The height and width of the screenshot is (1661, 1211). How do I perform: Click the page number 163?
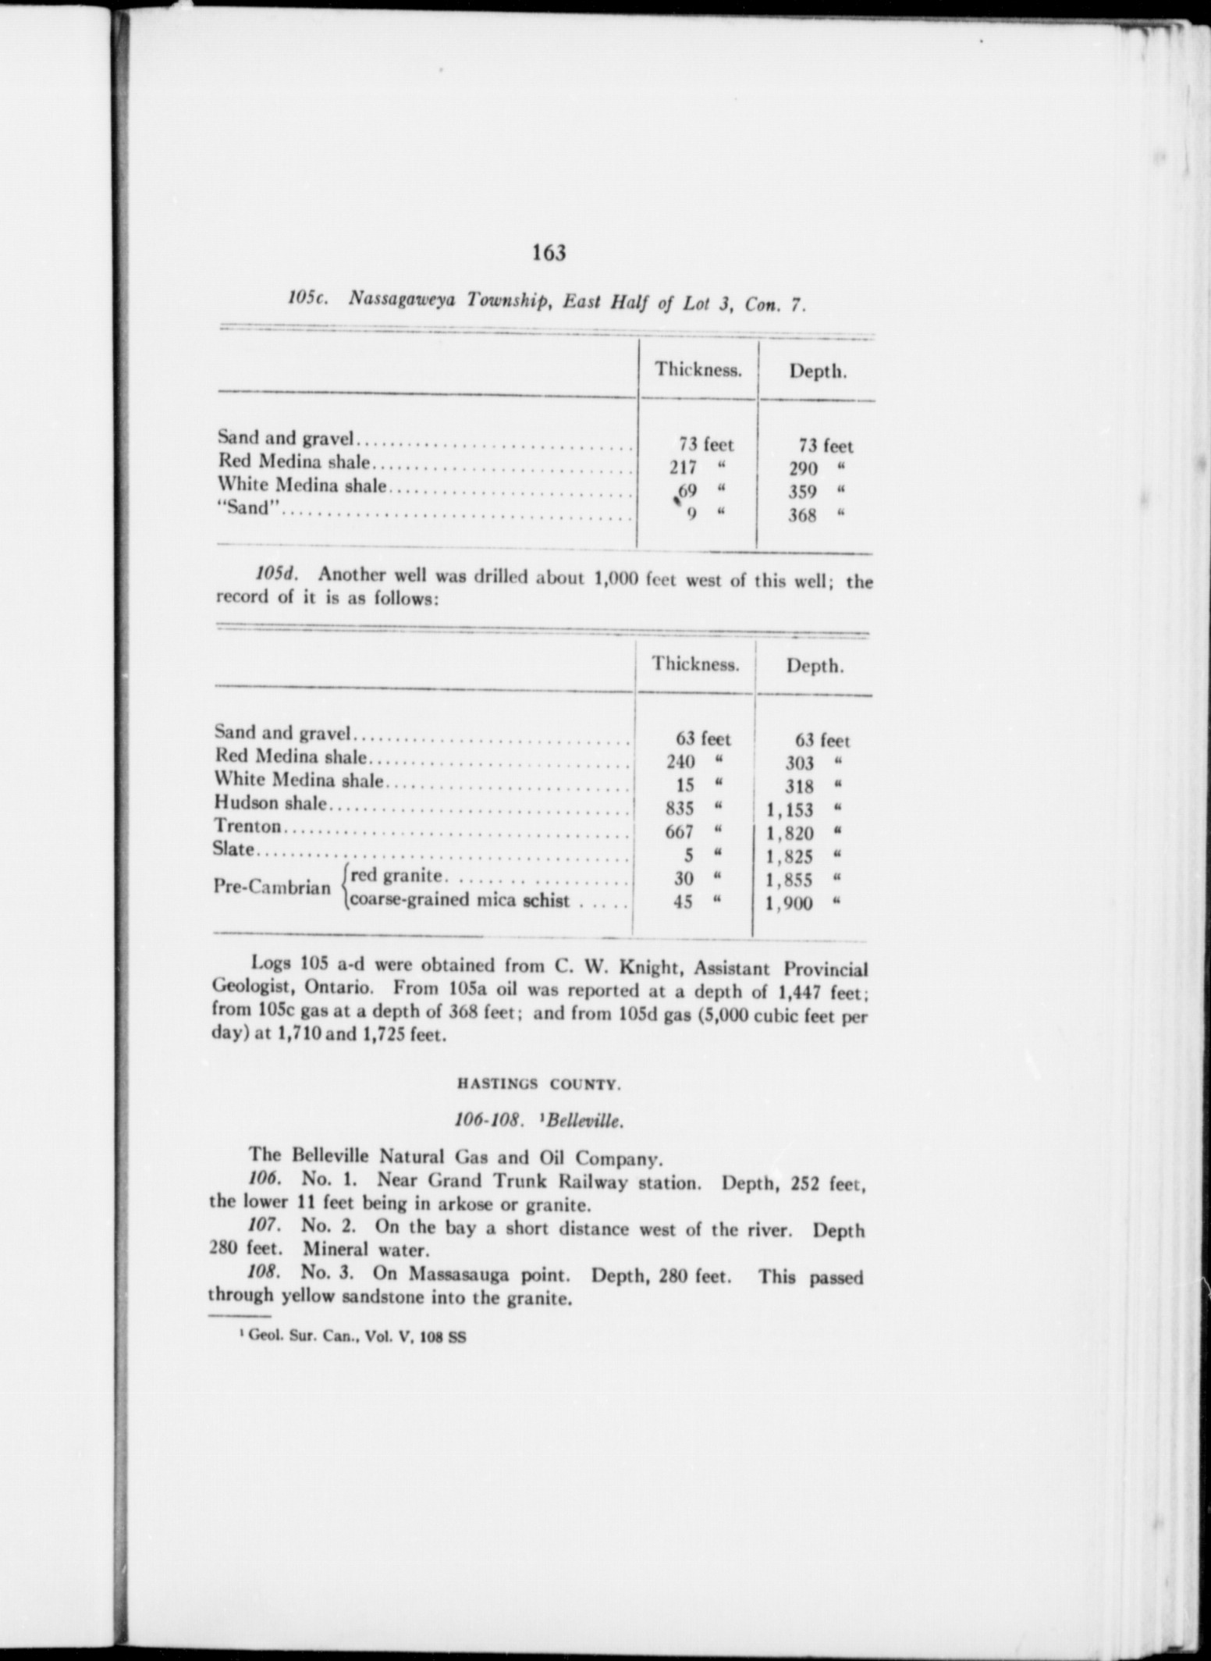tap(549, 252)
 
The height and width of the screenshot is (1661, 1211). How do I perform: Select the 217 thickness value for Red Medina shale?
tap(684, 468)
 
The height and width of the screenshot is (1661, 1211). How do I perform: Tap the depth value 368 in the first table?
tap(801, 515)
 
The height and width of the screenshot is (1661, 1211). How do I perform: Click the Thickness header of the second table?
tap(695, 665)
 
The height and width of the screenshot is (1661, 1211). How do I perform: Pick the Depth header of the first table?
tap(817, 372)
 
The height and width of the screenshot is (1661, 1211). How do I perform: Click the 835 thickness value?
tap(680, 809)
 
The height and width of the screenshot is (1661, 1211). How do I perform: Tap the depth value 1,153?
tap(790, 810)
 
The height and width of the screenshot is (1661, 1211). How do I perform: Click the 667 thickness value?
tap(679, 832)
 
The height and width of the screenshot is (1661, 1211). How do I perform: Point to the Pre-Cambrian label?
tap(272, 887)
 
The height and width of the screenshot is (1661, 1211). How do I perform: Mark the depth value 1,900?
tap(790, 904)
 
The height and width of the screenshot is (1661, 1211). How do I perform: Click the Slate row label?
tap(235, 848)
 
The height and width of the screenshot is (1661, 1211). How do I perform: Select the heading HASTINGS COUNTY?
tap(538, 1084)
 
